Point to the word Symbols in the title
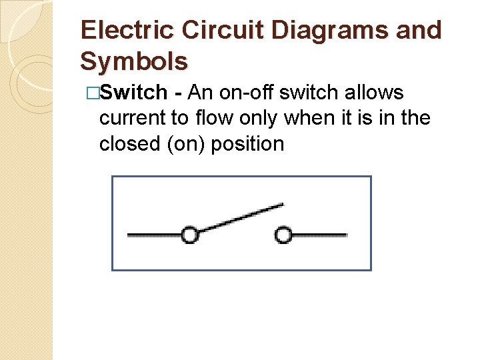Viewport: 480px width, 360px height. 133,61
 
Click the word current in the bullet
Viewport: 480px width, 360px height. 134,119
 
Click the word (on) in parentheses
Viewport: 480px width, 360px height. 190,145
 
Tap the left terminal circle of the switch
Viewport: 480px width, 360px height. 190,235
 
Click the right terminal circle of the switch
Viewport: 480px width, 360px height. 284,235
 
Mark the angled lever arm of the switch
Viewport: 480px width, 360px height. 240,218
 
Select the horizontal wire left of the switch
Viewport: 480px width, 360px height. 153,235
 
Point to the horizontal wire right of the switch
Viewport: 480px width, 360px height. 320,235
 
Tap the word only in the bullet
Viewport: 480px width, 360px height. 261,119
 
